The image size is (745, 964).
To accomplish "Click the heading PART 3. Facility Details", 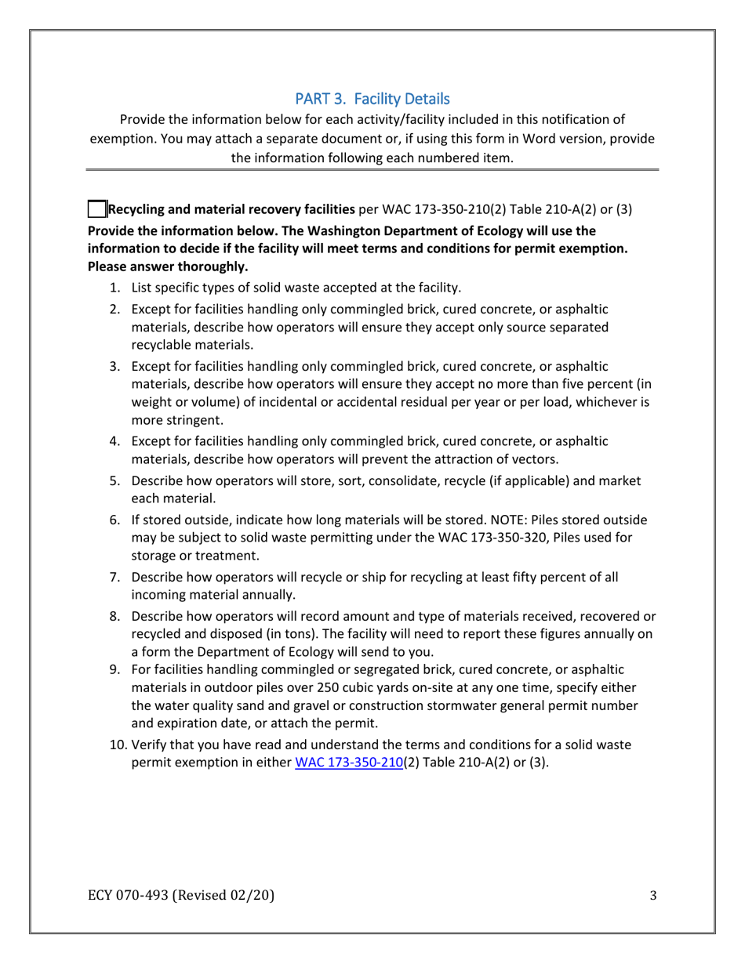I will [x=372, y=99].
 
